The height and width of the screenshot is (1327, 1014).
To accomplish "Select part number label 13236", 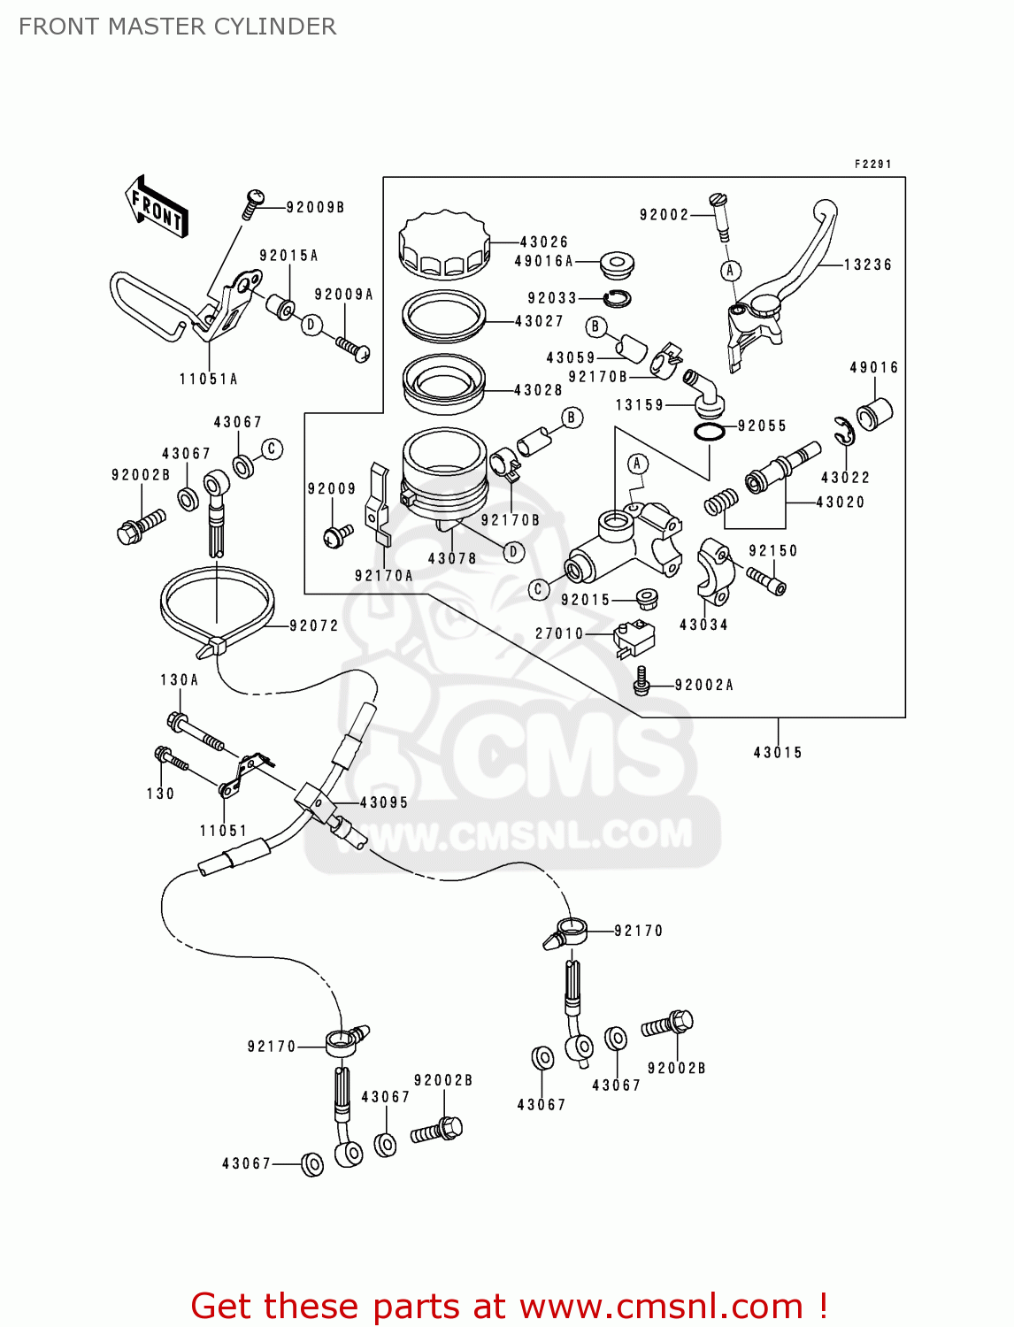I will [x=867, y=265].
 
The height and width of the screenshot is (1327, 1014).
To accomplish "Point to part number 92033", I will [x=552, y=299].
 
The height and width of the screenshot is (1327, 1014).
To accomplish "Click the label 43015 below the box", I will [x=778, y=753].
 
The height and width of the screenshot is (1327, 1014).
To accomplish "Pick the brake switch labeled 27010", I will [x=634, y=637].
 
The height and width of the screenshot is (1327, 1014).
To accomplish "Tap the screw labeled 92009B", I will [x=252, y=204].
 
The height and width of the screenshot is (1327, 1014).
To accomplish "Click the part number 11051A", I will [x=209, y=380].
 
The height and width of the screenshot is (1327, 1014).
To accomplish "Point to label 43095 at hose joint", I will [x=384, y=802].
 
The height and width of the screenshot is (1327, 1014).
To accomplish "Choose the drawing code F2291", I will [x=872, y=165].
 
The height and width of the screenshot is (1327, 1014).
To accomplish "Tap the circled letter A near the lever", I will [x=730, y=271].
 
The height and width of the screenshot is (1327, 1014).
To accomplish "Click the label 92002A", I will [x=703, y=685].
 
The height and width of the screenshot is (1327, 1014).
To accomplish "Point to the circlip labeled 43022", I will [x=844, y=432].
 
